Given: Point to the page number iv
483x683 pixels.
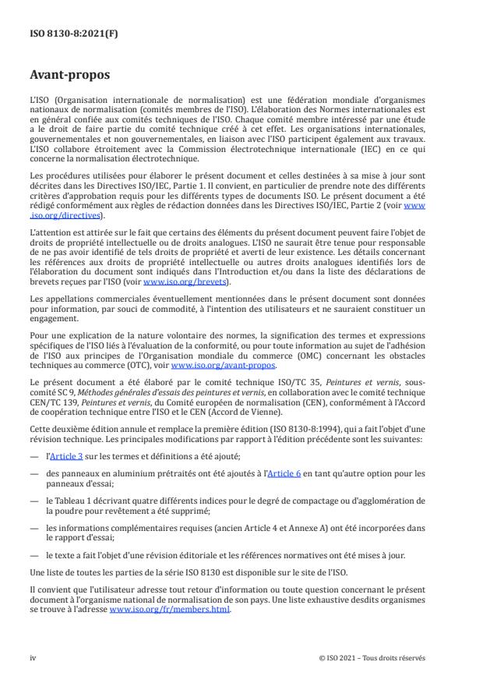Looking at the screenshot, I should pos(33,658).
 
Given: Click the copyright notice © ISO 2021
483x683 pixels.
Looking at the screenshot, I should pos(372,658).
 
